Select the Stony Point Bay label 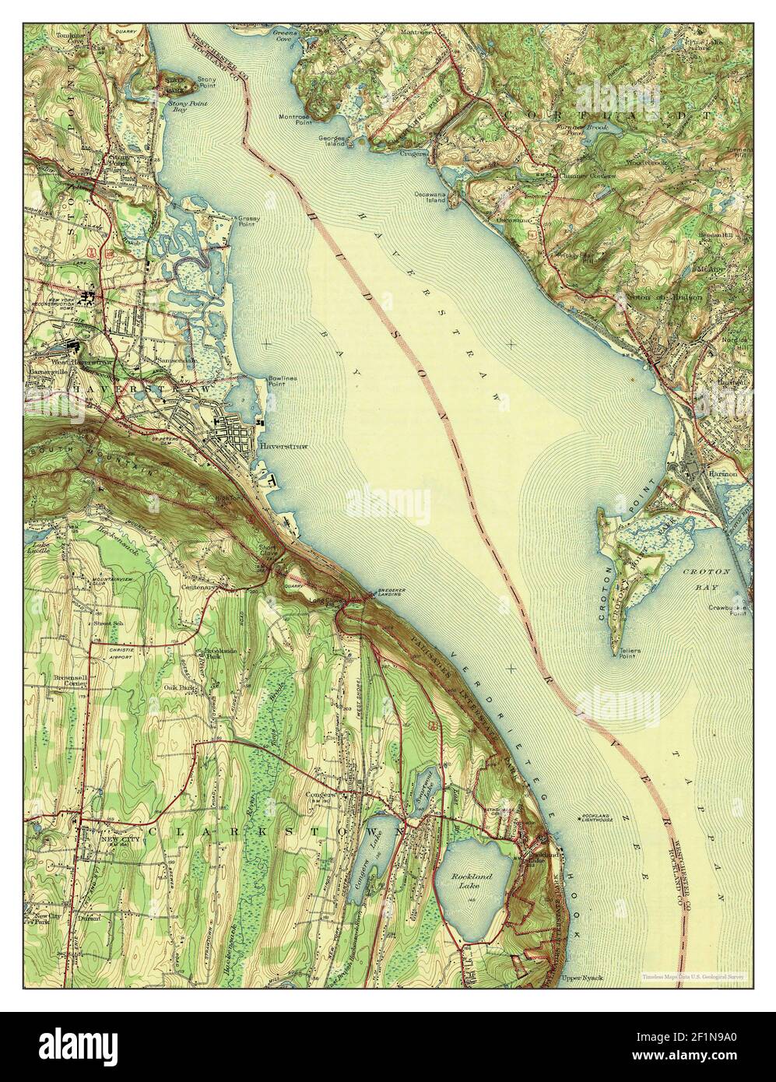[x=180, y=107]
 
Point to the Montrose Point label [x=296, y=120]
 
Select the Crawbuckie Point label [x=728, y=610]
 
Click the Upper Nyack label [x=576, y=975]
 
